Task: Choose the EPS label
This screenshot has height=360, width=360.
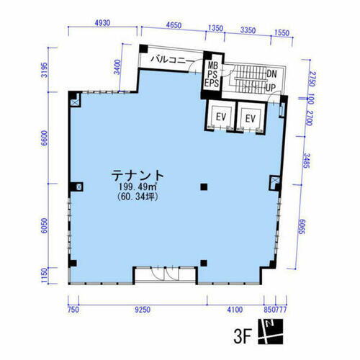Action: tap(212, 84)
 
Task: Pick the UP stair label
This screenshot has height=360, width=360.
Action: tap(271, 88)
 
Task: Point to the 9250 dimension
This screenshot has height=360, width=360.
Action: tap(142, 310)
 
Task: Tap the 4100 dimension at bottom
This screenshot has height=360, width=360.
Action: tap(234, 310)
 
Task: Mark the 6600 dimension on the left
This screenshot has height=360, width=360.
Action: tap(44, 138)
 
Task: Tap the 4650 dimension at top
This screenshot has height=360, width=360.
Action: tap(173, 24)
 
